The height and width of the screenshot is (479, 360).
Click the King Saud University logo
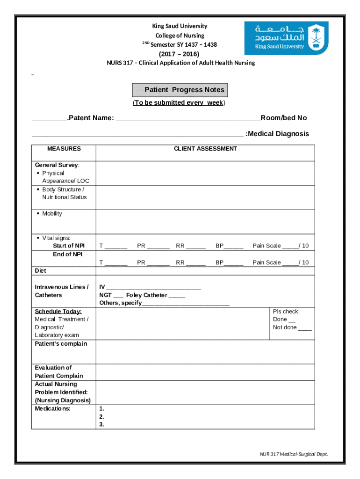[x=286, y=38]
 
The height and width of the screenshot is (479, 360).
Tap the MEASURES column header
[x=64, y=149]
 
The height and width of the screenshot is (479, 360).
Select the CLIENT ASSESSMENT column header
[x=205, y=149]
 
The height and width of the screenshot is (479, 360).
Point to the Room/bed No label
[x=284, y=118]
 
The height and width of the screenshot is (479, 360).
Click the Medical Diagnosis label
[x=278, y=134]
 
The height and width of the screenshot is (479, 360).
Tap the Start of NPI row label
[x=69, y=246]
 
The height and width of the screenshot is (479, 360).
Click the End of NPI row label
[x=68, y=254]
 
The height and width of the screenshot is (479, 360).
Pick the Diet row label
[x=41, y=271]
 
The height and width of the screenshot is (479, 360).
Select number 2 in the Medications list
[x=102, y=416]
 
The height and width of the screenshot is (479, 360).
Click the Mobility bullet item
[x=52, y=214]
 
